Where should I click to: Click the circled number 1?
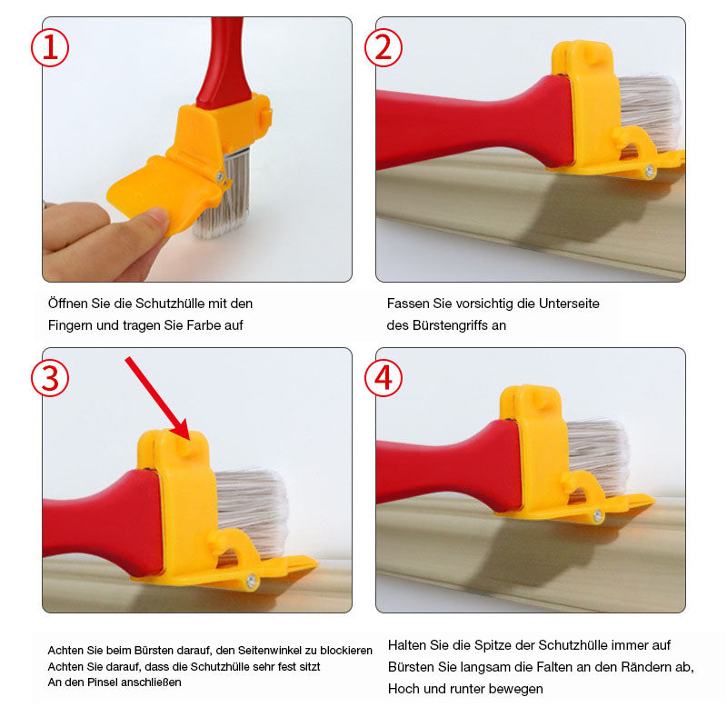(x=50, y=48)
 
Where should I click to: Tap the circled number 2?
(x=383, y=48)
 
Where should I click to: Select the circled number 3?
(x=50, y=378)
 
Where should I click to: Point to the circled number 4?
(x=383, y=378)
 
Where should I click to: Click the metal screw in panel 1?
(x=220, y=176)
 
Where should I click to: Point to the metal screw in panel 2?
(x=650, y=171)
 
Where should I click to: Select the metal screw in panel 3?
(x=252, y=580)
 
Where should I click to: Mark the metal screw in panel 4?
(x=598, y=515)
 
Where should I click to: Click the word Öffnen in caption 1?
(x=68, y=304)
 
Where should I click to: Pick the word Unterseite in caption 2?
(x=569, y=304)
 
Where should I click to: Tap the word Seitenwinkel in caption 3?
(x=266, y=651)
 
